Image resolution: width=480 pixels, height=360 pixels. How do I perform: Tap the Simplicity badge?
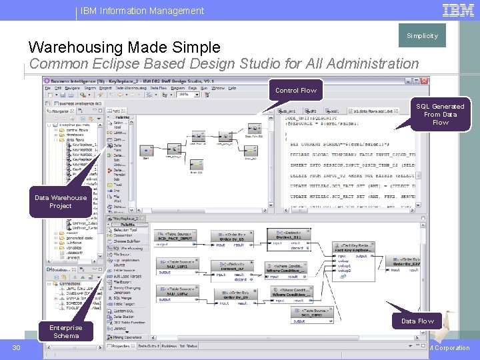pos(422,36)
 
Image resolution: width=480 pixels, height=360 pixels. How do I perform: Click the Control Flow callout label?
pos(296,90)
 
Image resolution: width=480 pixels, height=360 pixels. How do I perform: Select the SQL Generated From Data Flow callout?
pos(440,114)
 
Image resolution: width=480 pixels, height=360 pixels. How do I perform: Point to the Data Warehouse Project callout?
pos(61,201)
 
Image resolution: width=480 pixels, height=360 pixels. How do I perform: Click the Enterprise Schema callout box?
pos(66,331)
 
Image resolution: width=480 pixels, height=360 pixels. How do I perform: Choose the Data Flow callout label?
pos(417,321)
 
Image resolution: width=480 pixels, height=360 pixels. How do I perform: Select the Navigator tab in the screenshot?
pos(65,111)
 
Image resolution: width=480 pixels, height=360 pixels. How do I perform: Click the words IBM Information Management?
pos(143,11)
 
